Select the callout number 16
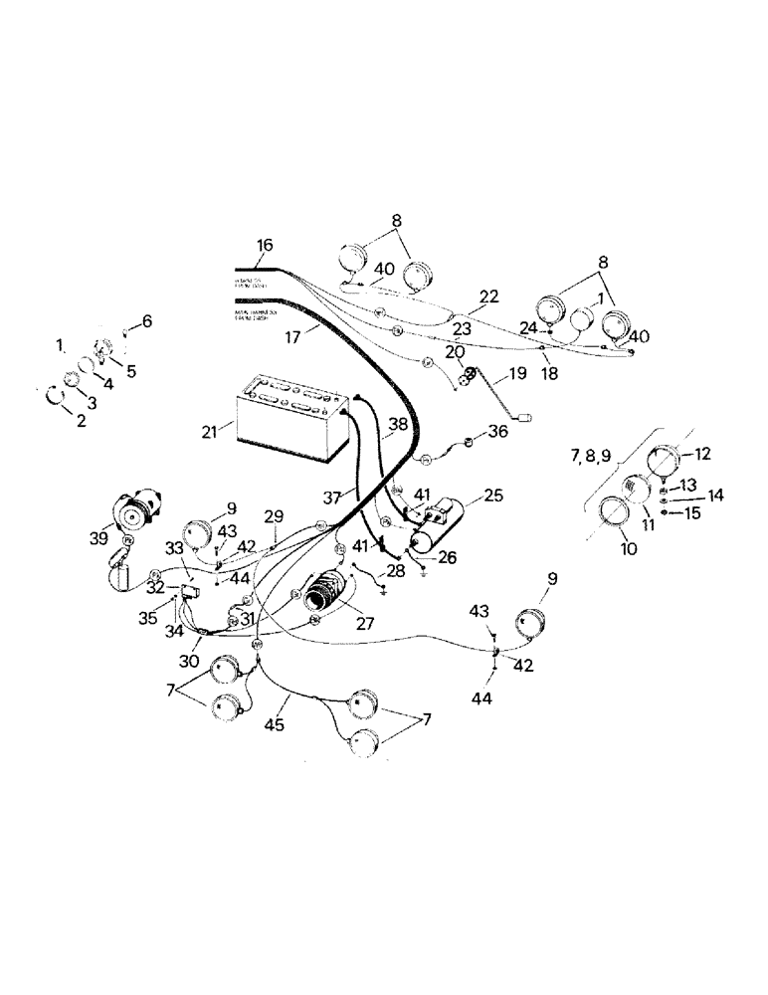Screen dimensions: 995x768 (264, 246)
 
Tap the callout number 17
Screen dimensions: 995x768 (264, 338)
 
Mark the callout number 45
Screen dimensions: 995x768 (275, 725)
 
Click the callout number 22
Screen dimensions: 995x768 (488, 298)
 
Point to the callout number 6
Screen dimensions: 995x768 (147, 320)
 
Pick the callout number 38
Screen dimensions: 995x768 (398, 424)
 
